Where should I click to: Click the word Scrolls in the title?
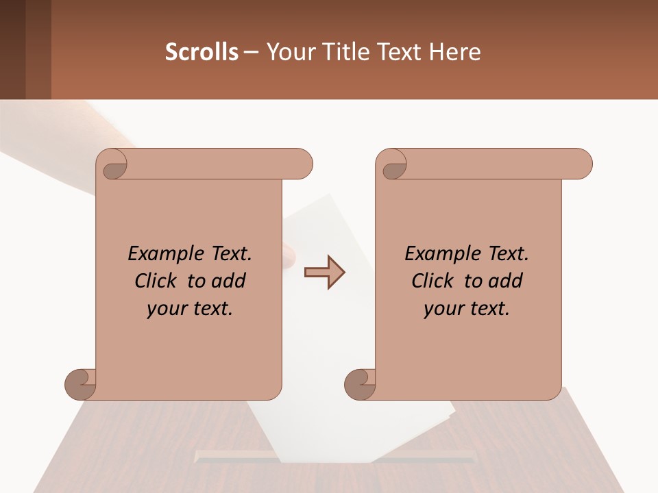(x=202, y=52)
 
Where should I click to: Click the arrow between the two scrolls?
(x=325, y=273)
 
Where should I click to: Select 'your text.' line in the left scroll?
(x=190, y=309)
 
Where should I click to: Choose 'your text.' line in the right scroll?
(x=467, y=309)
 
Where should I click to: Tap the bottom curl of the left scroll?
(x=81, y=383)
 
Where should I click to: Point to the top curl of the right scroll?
(x=393, y=164)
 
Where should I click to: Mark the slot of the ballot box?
(x=334, y=455)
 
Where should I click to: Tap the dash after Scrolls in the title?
(x=251, y=52)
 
